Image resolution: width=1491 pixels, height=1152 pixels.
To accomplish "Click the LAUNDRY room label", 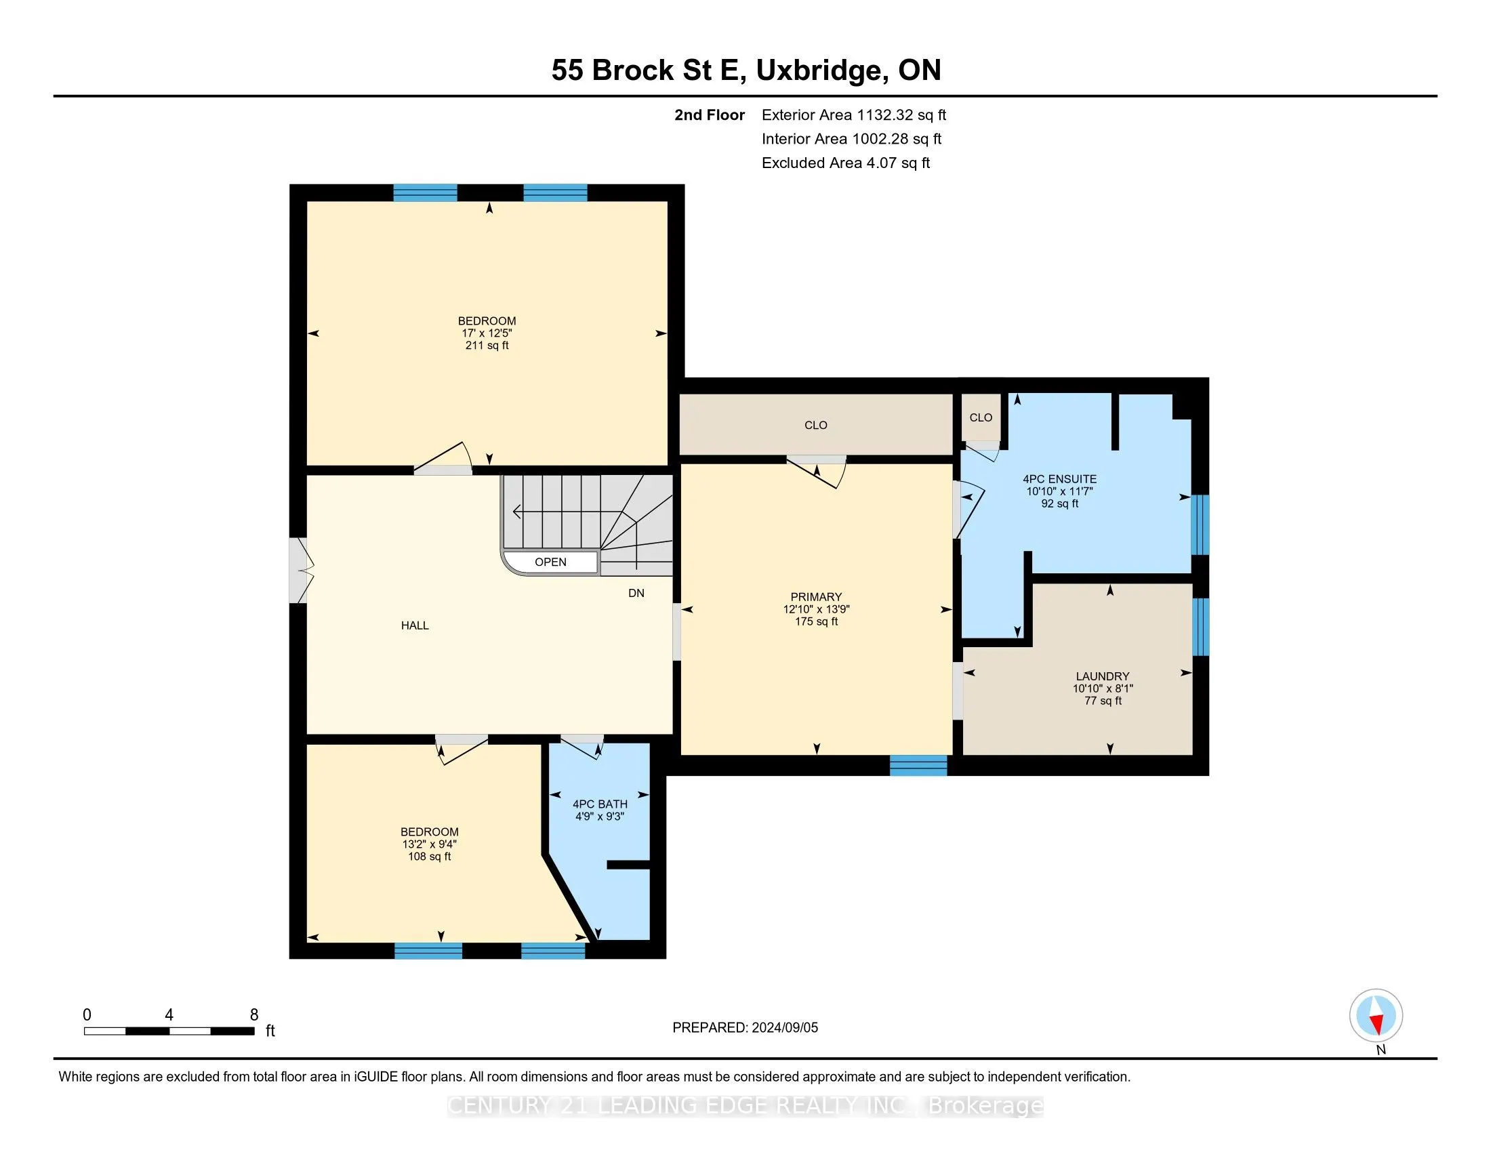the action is [1103, 676].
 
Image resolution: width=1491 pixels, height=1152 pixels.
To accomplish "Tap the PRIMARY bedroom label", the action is [816, 596].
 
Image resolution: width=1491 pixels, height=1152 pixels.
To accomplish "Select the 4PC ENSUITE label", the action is [1059, 479].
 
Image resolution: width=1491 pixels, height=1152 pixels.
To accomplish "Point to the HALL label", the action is [415, 625].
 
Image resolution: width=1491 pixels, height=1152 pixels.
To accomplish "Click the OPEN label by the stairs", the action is [550, 562].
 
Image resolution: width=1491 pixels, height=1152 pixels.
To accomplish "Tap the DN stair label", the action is [636, 593].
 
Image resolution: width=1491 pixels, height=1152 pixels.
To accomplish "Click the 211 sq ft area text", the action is [487, 346].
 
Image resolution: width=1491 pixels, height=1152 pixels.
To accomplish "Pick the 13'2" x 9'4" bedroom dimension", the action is [430, 844].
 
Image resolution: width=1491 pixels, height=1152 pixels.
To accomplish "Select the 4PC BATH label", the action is [600, 804].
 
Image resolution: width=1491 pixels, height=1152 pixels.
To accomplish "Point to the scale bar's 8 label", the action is [254, 1015].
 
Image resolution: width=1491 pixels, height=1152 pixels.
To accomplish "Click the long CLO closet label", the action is [816, 425].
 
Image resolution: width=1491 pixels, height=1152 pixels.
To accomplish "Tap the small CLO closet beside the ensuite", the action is [981, 417].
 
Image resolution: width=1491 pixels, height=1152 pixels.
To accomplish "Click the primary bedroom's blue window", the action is [918, 765].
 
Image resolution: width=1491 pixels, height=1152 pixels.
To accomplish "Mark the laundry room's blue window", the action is [1200, 627].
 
